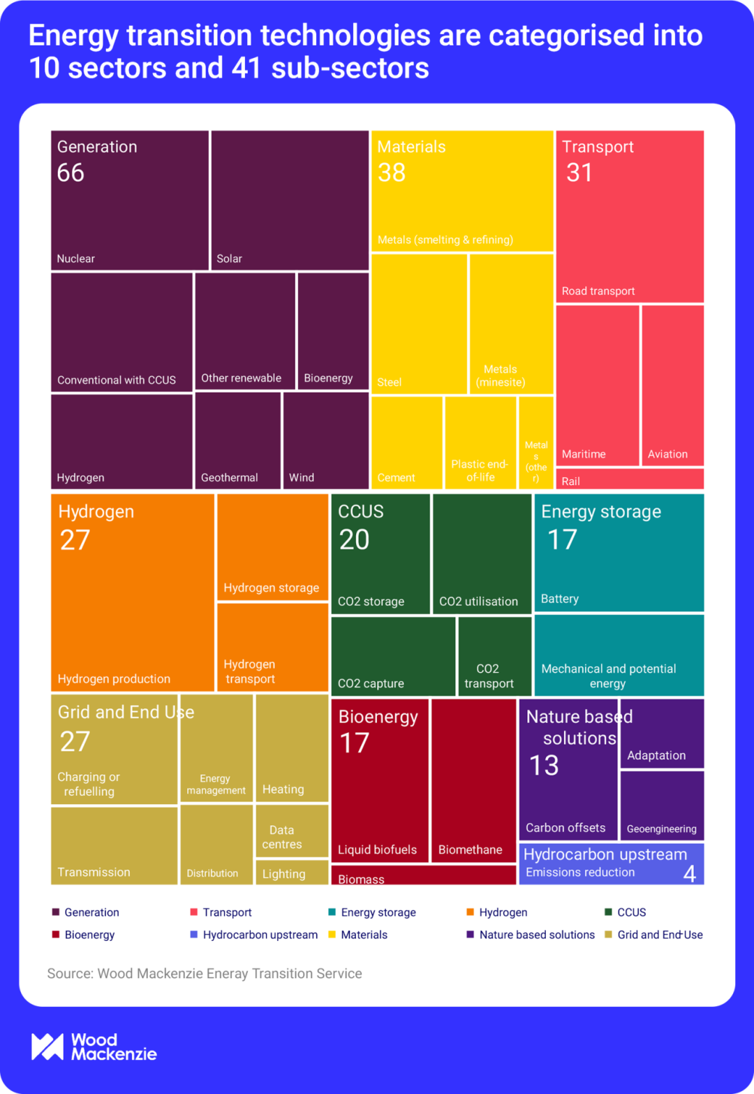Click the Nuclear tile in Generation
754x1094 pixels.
130,210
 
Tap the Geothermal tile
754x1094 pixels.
237,440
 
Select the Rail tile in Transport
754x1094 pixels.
629,479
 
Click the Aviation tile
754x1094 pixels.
672,386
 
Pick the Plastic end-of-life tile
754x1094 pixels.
480,442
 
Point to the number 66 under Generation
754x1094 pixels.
71,173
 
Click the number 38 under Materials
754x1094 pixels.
392,173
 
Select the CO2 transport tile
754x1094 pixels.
494,657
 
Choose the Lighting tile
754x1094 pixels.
291,873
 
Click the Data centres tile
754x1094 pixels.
291,831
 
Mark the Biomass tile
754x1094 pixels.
423,875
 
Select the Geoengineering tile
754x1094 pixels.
662,805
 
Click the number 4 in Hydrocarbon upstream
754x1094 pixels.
689,874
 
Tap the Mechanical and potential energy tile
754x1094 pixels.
619,655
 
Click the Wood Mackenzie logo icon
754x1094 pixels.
47,1046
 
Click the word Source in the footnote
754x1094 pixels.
68,974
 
